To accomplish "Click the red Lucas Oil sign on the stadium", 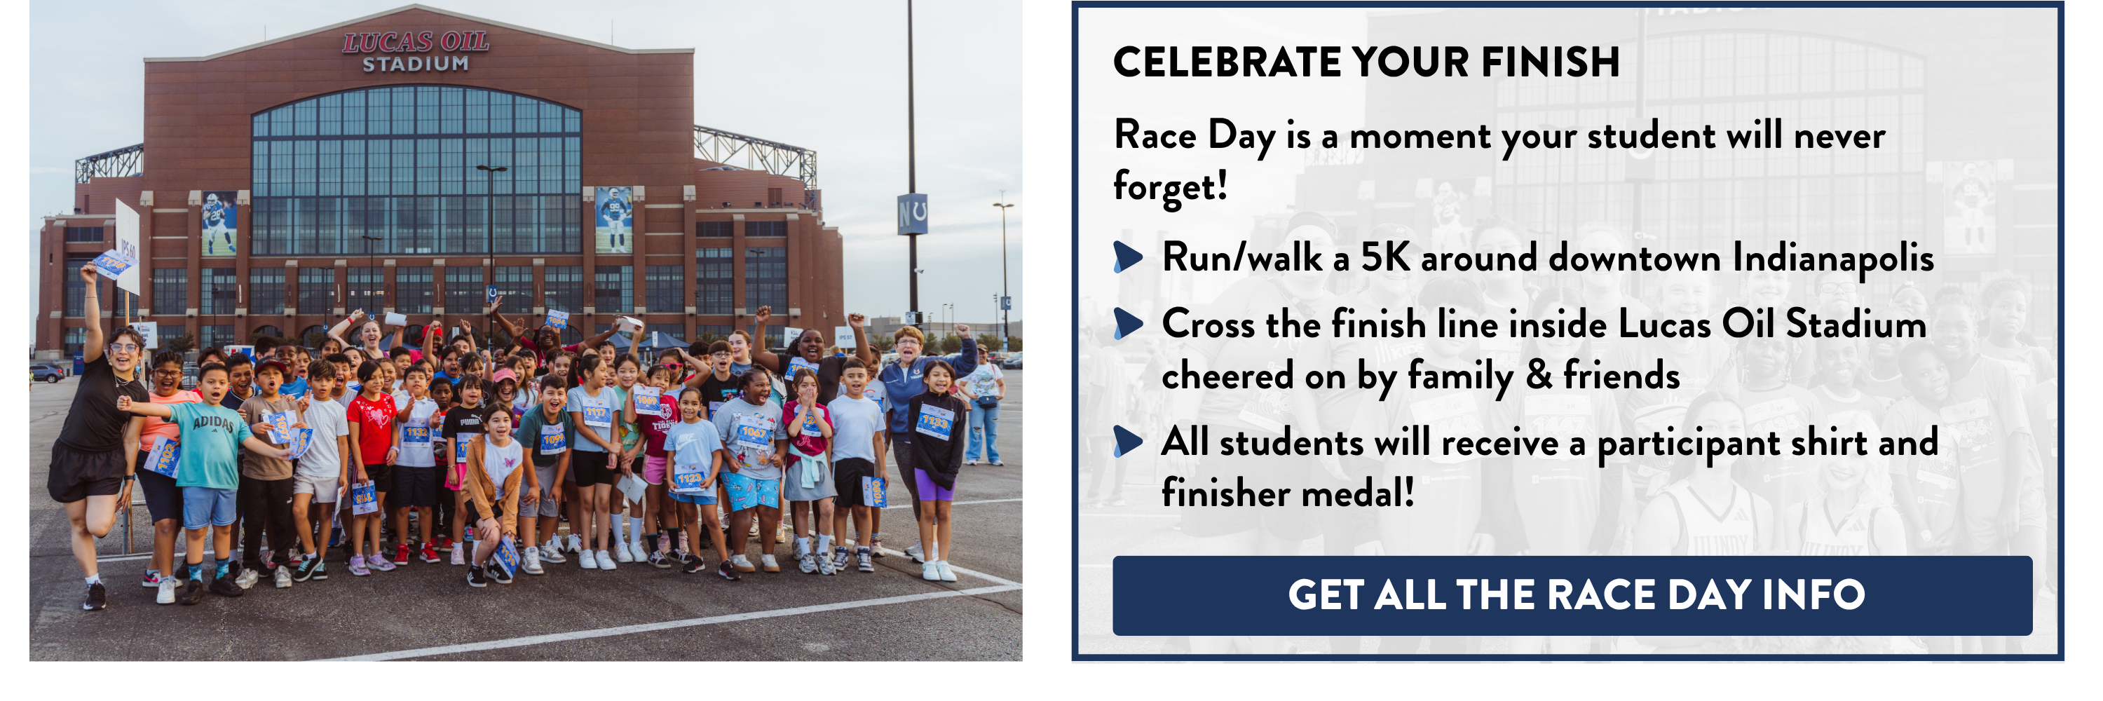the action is tap(416, 41).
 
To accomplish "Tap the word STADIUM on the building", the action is tap(416, 64).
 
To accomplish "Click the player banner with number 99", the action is tap(613, 219).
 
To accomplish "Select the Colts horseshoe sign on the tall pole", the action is tap(912, 215).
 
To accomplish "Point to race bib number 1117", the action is tap(597, 414).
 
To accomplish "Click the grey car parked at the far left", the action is tap(46, 374).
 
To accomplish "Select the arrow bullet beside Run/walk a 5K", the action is tap(1127, 257).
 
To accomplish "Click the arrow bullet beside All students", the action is tap(1127, 442).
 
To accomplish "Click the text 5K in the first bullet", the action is tap(1384, 258).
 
